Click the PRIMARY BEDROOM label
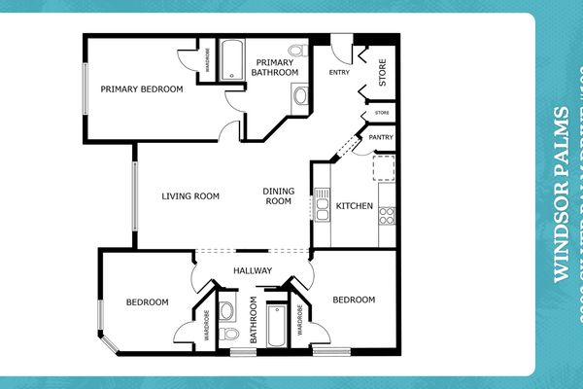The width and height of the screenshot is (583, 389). (x=142, y=88)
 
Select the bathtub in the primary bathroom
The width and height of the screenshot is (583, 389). (x=232, y=60)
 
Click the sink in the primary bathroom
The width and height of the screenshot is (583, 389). (x=300, y=95)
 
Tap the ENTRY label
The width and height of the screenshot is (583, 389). (x=339, y=72)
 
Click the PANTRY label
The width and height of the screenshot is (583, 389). (x=381, y=138)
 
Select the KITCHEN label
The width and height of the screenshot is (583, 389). (x=354, y=206)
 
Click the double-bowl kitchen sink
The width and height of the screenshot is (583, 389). (x=322, y=207)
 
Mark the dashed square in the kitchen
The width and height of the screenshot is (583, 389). (x=384, y=168)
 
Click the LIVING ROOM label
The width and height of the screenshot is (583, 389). (x=189, y=196)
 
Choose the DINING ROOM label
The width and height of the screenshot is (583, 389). (x=278, y=196)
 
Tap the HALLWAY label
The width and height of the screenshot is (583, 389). (x=253, y=270)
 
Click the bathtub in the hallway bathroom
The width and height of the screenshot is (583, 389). (x=276, y=328)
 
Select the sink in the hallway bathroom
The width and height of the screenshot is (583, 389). (x=226, y=311)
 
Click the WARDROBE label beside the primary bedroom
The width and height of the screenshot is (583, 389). (x=206, y=62)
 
